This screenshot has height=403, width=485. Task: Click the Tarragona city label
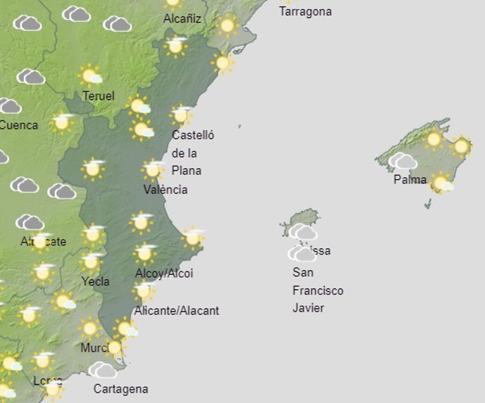point(305,12)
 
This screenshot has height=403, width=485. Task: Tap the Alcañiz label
point(182,19)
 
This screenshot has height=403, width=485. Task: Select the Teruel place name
point(98,96)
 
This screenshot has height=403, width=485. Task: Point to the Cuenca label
point(19,125)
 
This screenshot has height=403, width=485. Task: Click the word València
point(165,189)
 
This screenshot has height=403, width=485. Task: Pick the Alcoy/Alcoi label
point(164,273)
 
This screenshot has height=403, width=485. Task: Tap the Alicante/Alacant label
point(176,310)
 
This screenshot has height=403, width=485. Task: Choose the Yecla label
point(95,281)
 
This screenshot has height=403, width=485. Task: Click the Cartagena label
point(121,388)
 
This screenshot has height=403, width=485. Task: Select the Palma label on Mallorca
point(410,179)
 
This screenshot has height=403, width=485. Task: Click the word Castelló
point(193,135)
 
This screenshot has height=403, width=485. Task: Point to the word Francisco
point(318,290)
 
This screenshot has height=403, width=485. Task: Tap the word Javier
point(309,308)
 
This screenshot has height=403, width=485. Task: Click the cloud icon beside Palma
point(403,161)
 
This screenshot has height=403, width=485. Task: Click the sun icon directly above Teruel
point(90,75)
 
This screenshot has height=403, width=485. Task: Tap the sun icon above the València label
point(153,169)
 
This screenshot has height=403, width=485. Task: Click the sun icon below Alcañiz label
point(175,46)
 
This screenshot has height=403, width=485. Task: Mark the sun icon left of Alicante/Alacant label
point(143,290)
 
